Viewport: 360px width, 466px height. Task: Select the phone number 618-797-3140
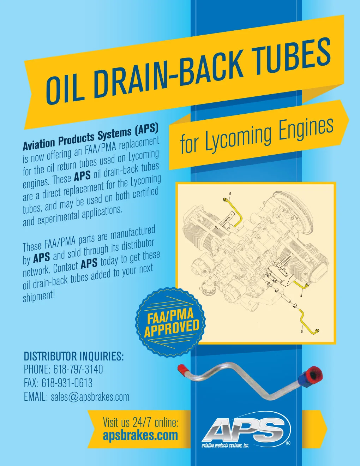[x=78, y=370]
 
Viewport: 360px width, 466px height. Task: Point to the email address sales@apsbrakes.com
[x=90, y=397]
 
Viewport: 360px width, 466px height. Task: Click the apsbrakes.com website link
[x=140, y=435]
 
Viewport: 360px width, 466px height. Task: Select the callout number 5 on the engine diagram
[x=230, y=193]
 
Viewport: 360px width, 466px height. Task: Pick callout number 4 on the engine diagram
[x=301, y=296]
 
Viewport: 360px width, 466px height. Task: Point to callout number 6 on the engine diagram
[x=301, y=332]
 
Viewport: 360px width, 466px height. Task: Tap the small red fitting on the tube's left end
[x=182, y=368]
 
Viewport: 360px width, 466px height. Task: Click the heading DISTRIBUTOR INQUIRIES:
[x=74, y=356]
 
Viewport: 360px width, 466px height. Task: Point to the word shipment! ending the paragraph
[x=39, y=296]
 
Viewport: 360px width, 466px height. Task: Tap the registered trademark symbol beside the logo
[x=288, y=443]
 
